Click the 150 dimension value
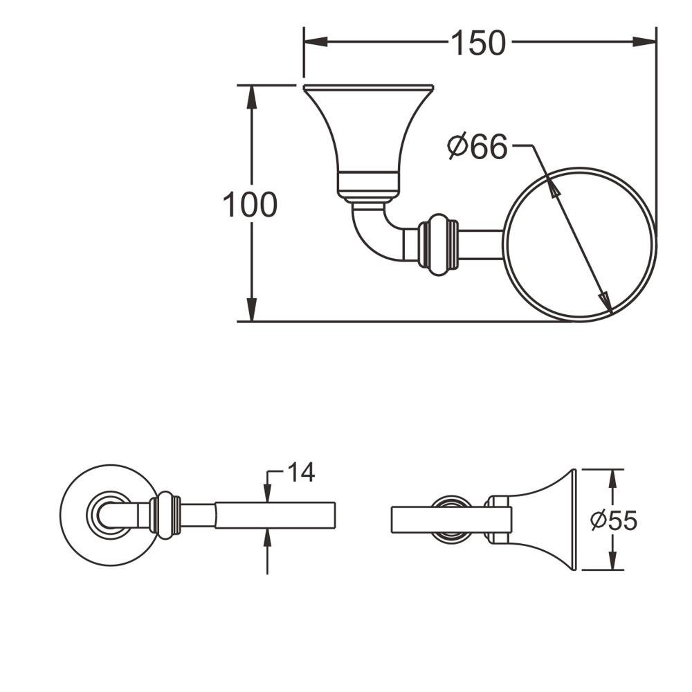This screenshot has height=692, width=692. pos(479,43)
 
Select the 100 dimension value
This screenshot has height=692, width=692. pos(250,205)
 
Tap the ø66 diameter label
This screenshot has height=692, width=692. pos(477,147)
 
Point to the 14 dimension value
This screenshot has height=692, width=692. pos(301,472)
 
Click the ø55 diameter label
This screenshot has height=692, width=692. pos(614,520)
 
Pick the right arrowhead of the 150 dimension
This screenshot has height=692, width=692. pos(644,42)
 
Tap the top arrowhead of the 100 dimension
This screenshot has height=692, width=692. pos(252,97)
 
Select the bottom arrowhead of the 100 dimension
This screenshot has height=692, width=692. pos(252,310)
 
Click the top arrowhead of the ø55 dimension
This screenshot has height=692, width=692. pos(612,480)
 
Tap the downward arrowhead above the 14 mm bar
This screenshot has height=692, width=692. pos(267,493)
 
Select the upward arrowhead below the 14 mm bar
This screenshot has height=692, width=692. pos(267,538)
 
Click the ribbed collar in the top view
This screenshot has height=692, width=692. pos(438,245)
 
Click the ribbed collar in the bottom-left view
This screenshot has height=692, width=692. pos(165,516)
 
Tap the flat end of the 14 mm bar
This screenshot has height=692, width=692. pos(335,515)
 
